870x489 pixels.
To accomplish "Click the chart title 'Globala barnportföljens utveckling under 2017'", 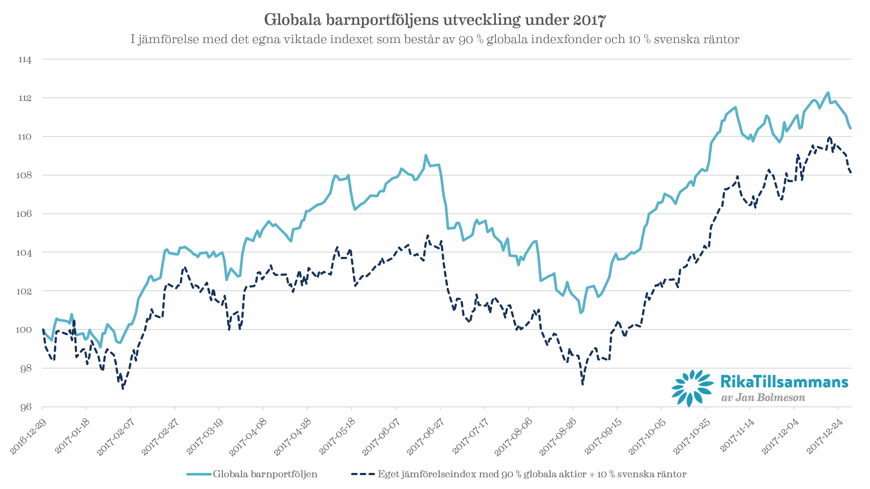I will click(x=435, y=20).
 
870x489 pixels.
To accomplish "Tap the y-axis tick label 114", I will click(x=25, y=60).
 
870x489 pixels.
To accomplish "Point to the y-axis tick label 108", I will click(x=25, y=176).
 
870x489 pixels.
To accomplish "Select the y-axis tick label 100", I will click(x=24, y=330).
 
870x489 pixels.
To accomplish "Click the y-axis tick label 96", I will click(x=26, y=407).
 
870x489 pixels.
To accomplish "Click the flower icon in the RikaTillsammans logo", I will click(x=692, y=387).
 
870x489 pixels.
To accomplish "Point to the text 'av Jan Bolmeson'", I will click(x=763, y=398).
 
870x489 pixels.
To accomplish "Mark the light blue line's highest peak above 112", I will click(x=827, y=93).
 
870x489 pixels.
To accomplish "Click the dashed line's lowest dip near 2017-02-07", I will click(x=123, y=388).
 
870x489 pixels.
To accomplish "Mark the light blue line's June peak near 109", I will click(x=426, y=155).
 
